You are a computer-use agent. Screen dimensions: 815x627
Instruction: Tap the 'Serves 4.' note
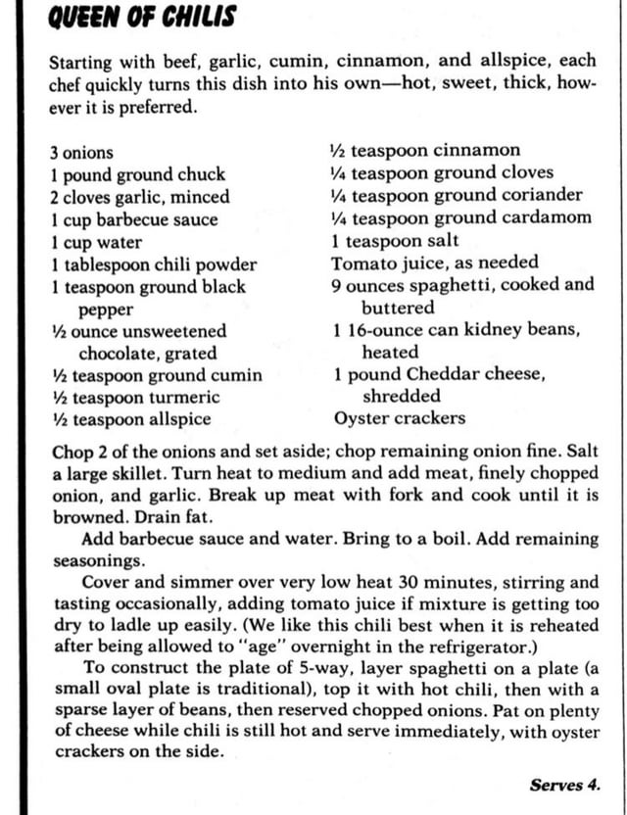[564, 785]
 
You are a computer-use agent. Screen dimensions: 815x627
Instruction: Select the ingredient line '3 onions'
[81, 153]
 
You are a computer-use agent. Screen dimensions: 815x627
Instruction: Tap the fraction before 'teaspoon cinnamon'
[338, 151]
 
